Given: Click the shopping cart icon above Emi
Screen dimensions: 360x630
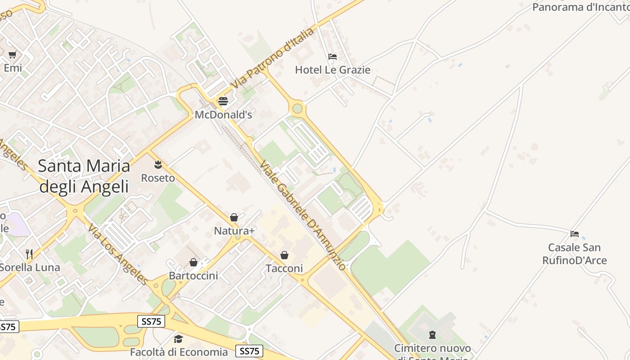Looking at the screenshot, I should [13, 55].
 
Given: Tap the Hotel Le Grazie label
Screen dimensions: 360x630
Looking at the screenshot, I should [333, 70].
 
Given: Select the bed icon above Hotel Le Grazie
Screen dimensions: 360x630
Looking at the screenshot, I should [333, 57].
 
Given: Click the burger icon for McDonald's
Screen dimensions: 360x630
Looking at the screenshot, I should [223, 101].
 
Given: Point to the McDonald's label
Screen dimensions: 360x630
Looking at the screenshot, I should [223, 115].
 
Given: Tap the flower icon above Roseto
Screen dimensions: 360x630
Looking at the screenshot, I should [158, 164].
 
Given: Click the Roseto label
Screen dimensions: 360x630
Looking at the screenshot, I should [158, 178].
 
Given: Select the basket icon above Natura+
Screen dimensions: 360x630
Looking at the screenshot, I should [234, 218].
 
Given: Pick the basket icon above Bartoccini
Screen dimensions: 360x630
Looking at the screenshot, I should [193, 262].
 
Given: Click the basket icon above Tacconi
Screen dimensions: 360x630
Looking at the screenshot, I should [284, 255].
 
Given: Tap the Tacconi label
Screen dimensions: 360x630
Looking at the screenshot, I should [284, 269].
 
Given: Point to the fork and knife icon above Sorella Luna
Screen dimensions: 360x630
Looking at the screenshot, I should [29, 254].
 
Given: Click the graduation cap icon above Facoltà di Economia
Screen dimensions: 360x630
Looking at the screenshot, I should [179, 339].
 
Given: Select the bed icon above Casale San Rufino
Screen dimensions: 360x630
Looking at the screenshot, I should [575, 234].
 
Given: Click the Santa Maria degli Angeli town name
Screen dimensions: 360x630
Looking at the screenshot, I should [84, 176].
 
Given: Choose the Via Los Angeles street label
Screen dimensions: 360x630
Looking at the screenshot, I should [118, 255].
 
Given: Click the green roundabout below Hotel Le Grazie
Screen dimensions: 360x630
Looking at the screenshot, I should [297, 108].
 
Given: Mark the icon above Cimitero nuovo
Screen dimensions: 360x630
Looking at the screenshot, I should [432, 335].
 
